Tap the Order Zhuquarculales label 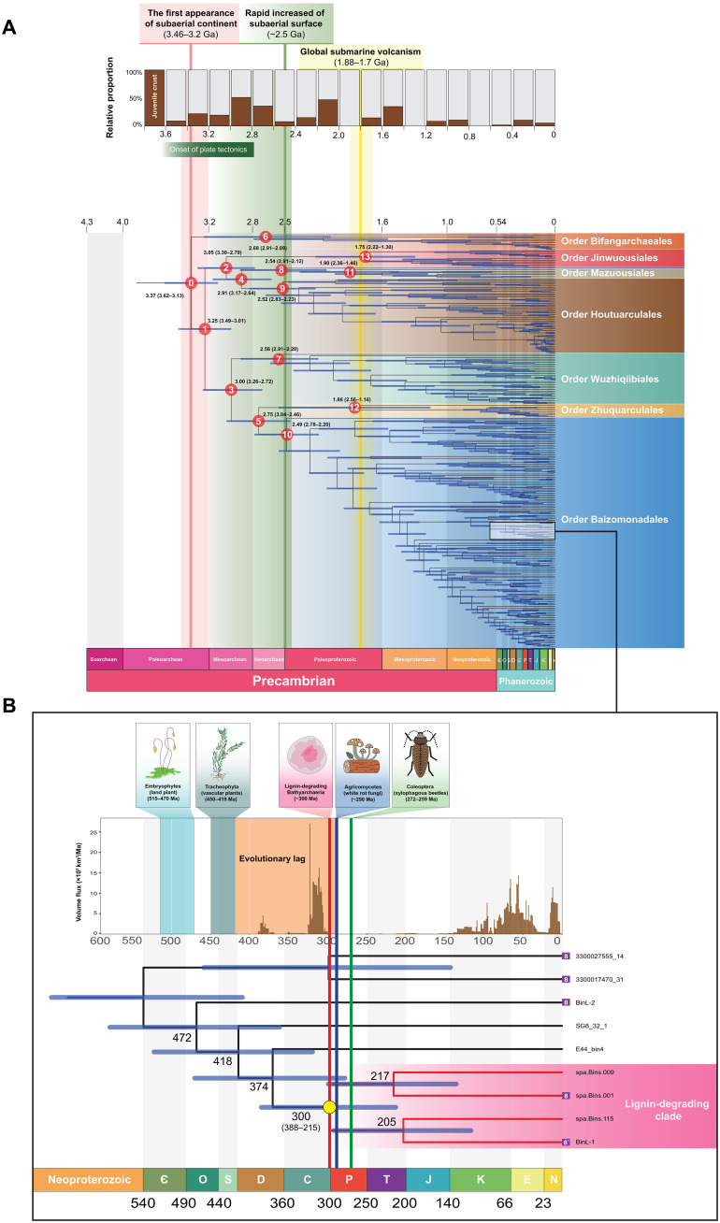point(616,410)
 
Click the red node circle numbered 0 point(191,281)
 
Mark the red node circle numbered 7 point(278,359)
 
